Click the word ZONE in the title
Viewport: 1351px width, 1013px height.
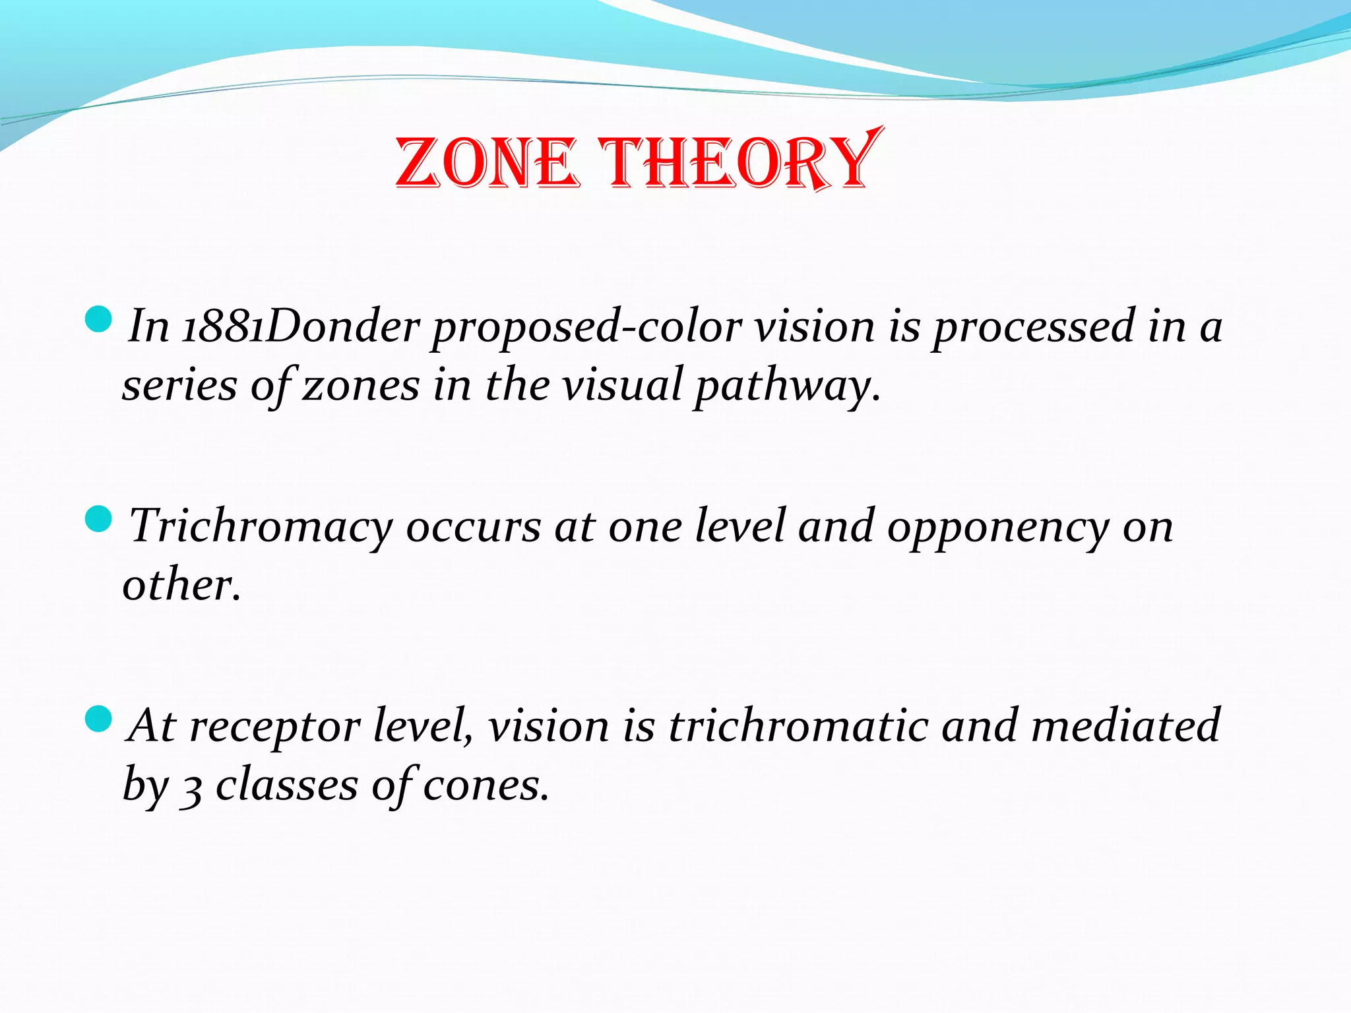coord(487,163)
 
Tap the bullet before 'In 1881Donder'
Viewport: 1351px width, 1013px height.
coord(99,319)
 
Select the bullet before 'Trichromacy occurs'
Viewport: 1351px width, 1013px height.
coord(99,519)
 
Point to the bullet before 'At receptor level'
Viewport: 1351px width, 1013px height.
coord(99,718)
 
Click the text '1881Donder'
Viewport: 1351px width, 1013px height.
coord(300,326)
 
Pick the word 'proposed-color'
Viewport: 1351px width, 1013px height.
coord(586,327)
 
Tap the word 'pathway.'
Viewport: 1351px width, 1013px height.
coord(787,386)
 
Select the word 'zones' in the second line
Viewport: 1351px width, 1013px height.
coord(360,385)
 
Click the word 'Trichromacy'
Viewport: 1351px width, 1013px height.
coord(261,528)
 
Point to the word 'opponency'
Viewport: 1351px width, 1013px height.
coord(998,528)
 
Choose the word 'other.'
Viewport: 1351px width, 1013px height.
coord(181,585)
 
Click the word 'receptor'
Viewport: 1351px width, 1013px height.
coord(274,727)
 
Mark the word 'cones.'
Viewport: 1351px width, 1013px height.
coord(486,785)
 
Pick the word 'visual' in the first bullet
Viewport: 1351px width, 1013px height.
coord(622,385)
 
